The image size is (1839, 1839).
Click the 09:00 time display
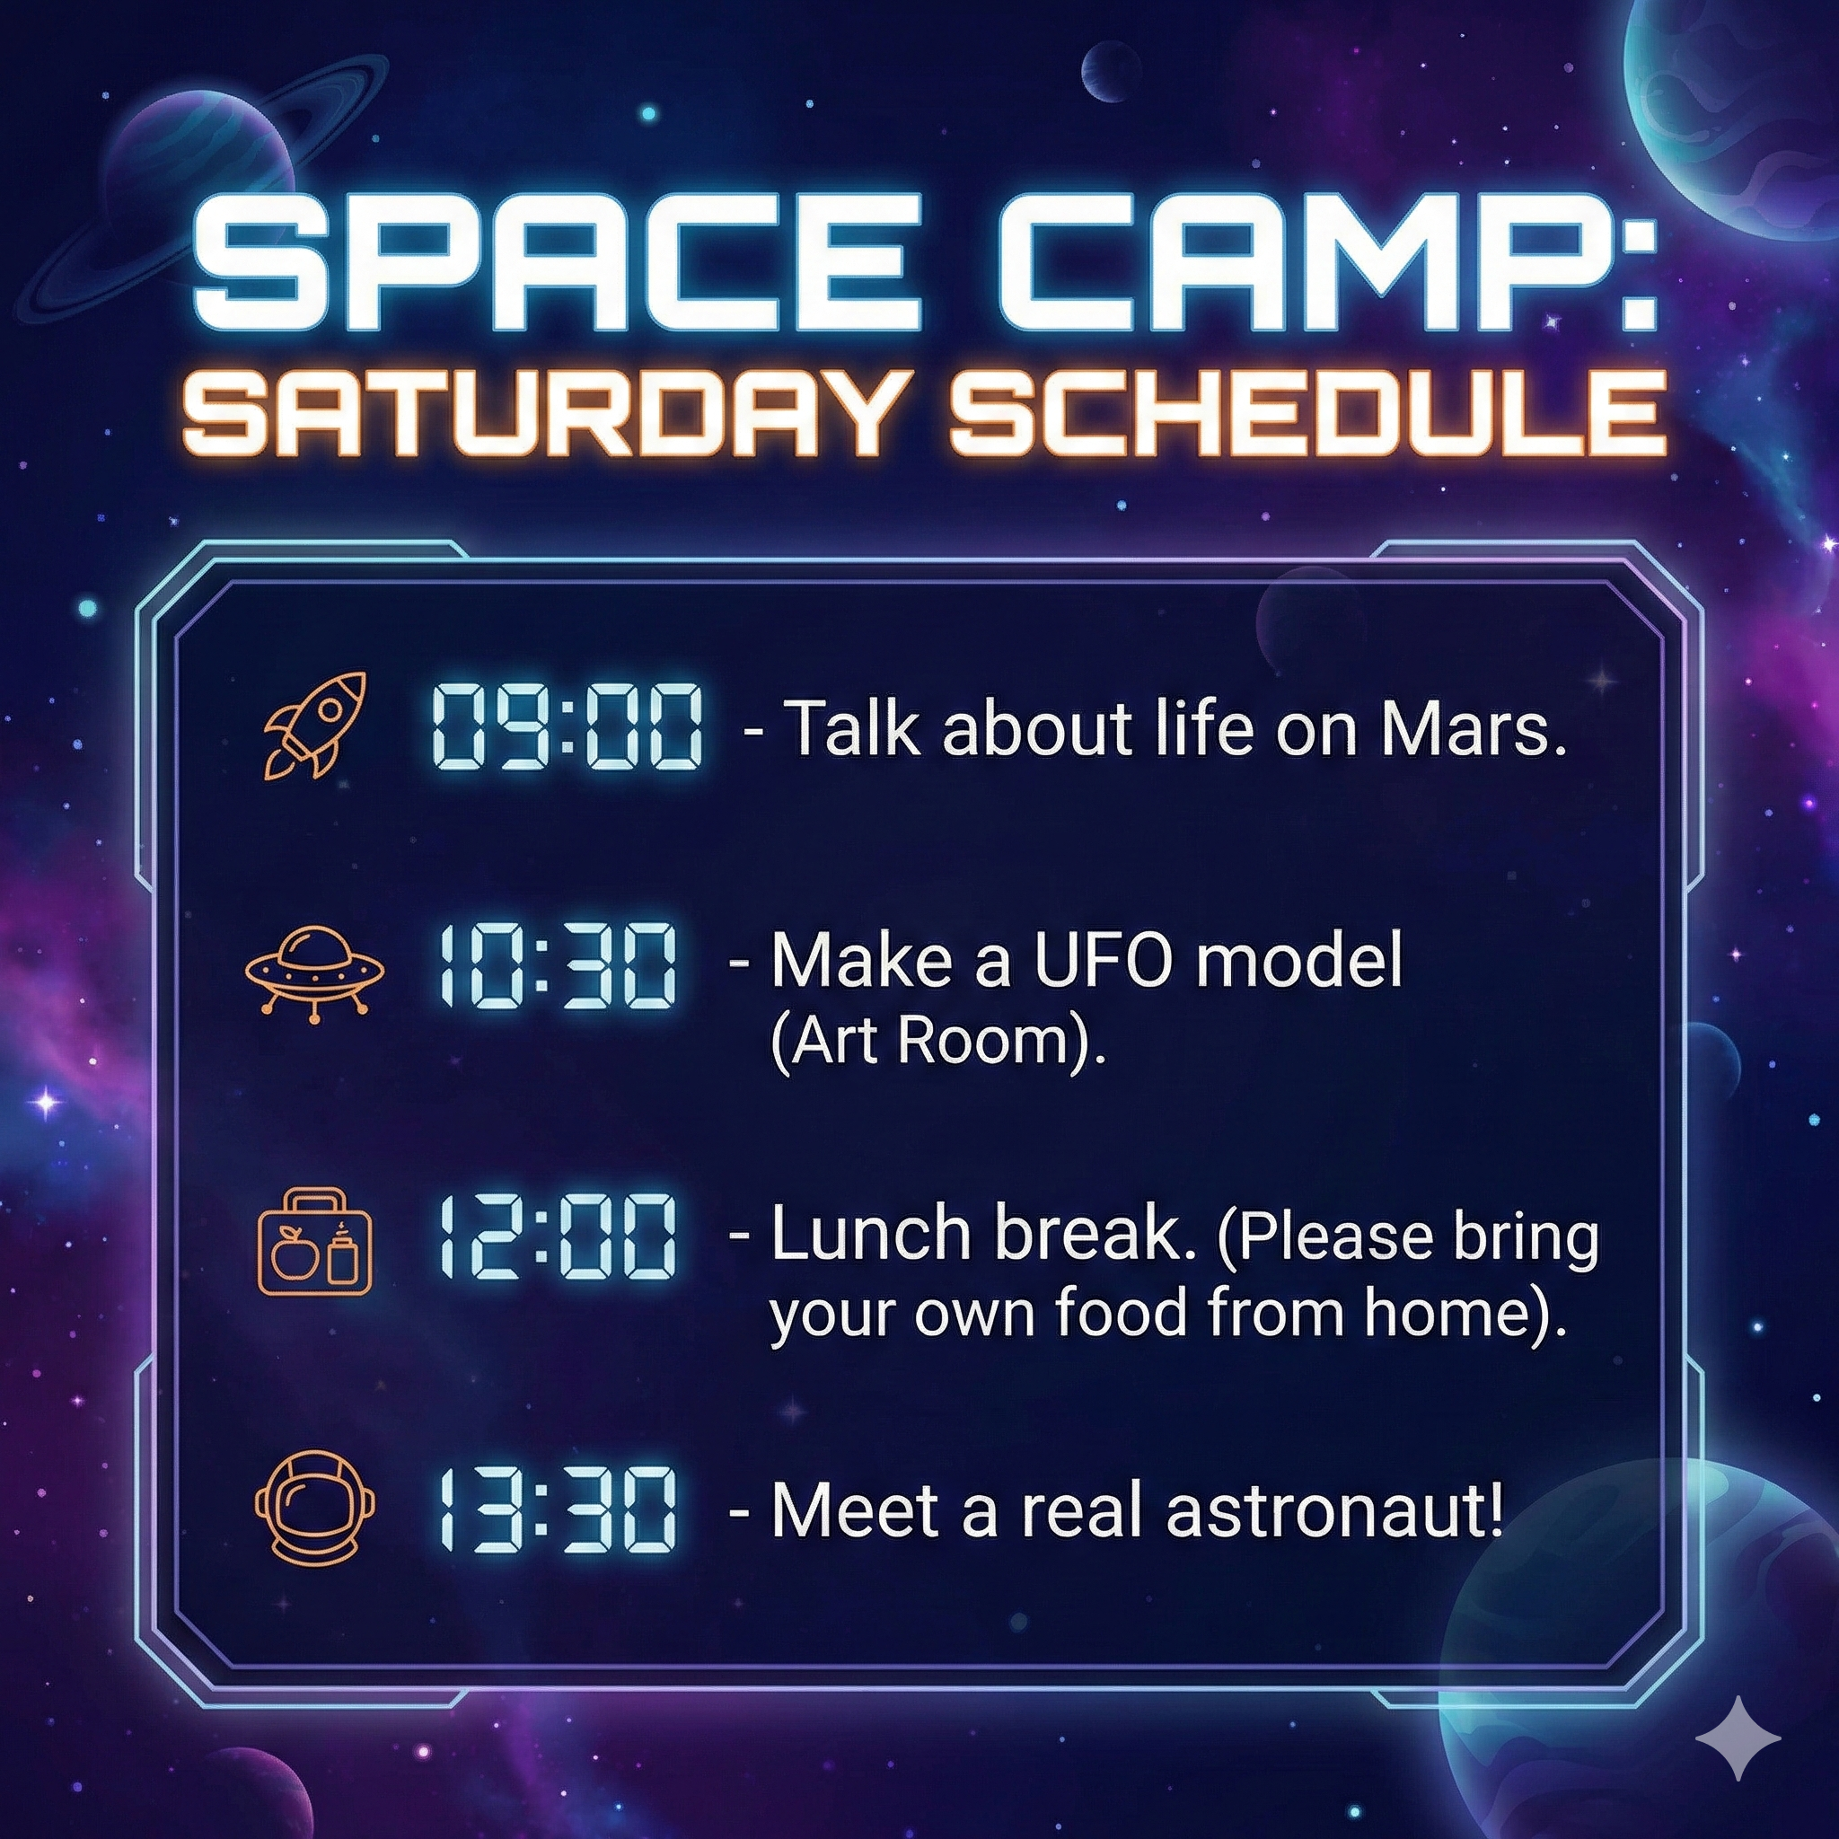click(x=568, y=728)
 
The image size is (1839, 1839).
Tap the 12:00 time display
click(x=557, y=1237)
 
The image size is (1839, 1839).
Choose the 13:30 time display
click(x=557, y=1508)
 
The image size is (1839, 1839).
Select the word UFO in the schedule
click(x=1105, y=962)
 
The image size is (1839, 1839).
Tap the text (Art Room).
click(x=937, y=1043)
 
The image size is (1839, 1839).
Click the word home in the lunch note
click(x=1441, y=1313)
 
